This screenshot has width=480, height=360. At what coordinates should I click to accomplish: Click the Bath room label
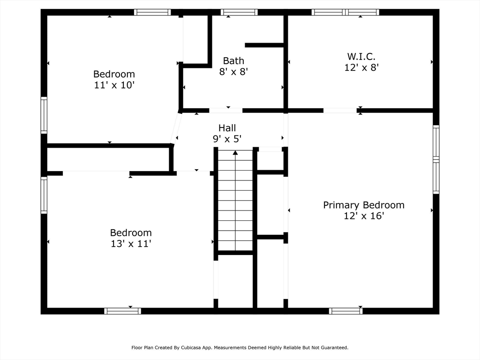tap(233, 60)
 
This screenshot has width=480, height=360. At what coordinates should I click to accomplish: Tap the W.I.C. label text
tap(361, 56)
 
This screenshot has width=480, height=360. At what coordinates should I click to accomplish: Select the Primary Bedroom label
tap(364, 205)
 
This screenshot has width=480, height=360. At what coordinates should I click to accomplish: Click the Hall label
tap(227, 128)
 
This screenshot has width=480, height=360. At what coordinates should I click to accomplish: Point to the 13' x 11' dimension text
tap(130, 244)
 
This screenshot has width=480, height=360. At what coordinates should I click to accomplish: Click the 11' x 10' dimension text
tap(114, 85)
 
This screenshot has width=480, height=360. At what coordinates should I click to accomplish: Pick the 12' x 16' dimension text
tap(364, 216)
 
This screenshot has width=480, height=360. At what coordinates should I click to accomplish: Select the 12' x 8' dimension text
tap(361, 67)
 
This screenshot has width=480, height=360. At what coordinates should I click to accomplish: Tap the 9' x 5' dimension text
tap(227, 139)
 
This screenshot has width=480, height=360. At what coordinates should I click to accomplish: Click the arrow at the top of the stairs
tap(235, 152)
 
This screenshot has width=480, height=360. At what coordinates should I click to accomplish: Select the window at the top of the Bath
tap(239, 12)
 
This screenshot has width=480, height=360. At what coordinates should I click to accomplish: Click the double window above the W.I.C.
tap(345, 12)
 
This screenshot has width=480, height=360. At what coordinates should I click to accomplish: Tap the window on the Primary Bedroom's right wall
tap(436, 159)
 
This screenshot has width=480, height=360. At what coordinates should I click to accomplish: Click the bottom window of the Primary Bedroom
tap(345, 311)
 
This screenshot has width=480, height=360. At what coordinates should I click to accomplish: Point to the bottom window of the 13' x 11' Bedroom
tap(122, 311)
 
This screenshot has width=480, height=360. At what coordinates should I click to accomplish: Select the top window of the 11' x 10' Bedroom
tap(152, 12)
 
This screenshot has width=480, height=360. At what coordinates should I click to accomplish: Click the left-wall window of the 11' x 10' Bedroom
tap(44, 115)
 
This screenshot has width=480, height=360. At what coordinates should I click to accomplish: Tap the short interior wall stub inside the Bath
tap(264, 45)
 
